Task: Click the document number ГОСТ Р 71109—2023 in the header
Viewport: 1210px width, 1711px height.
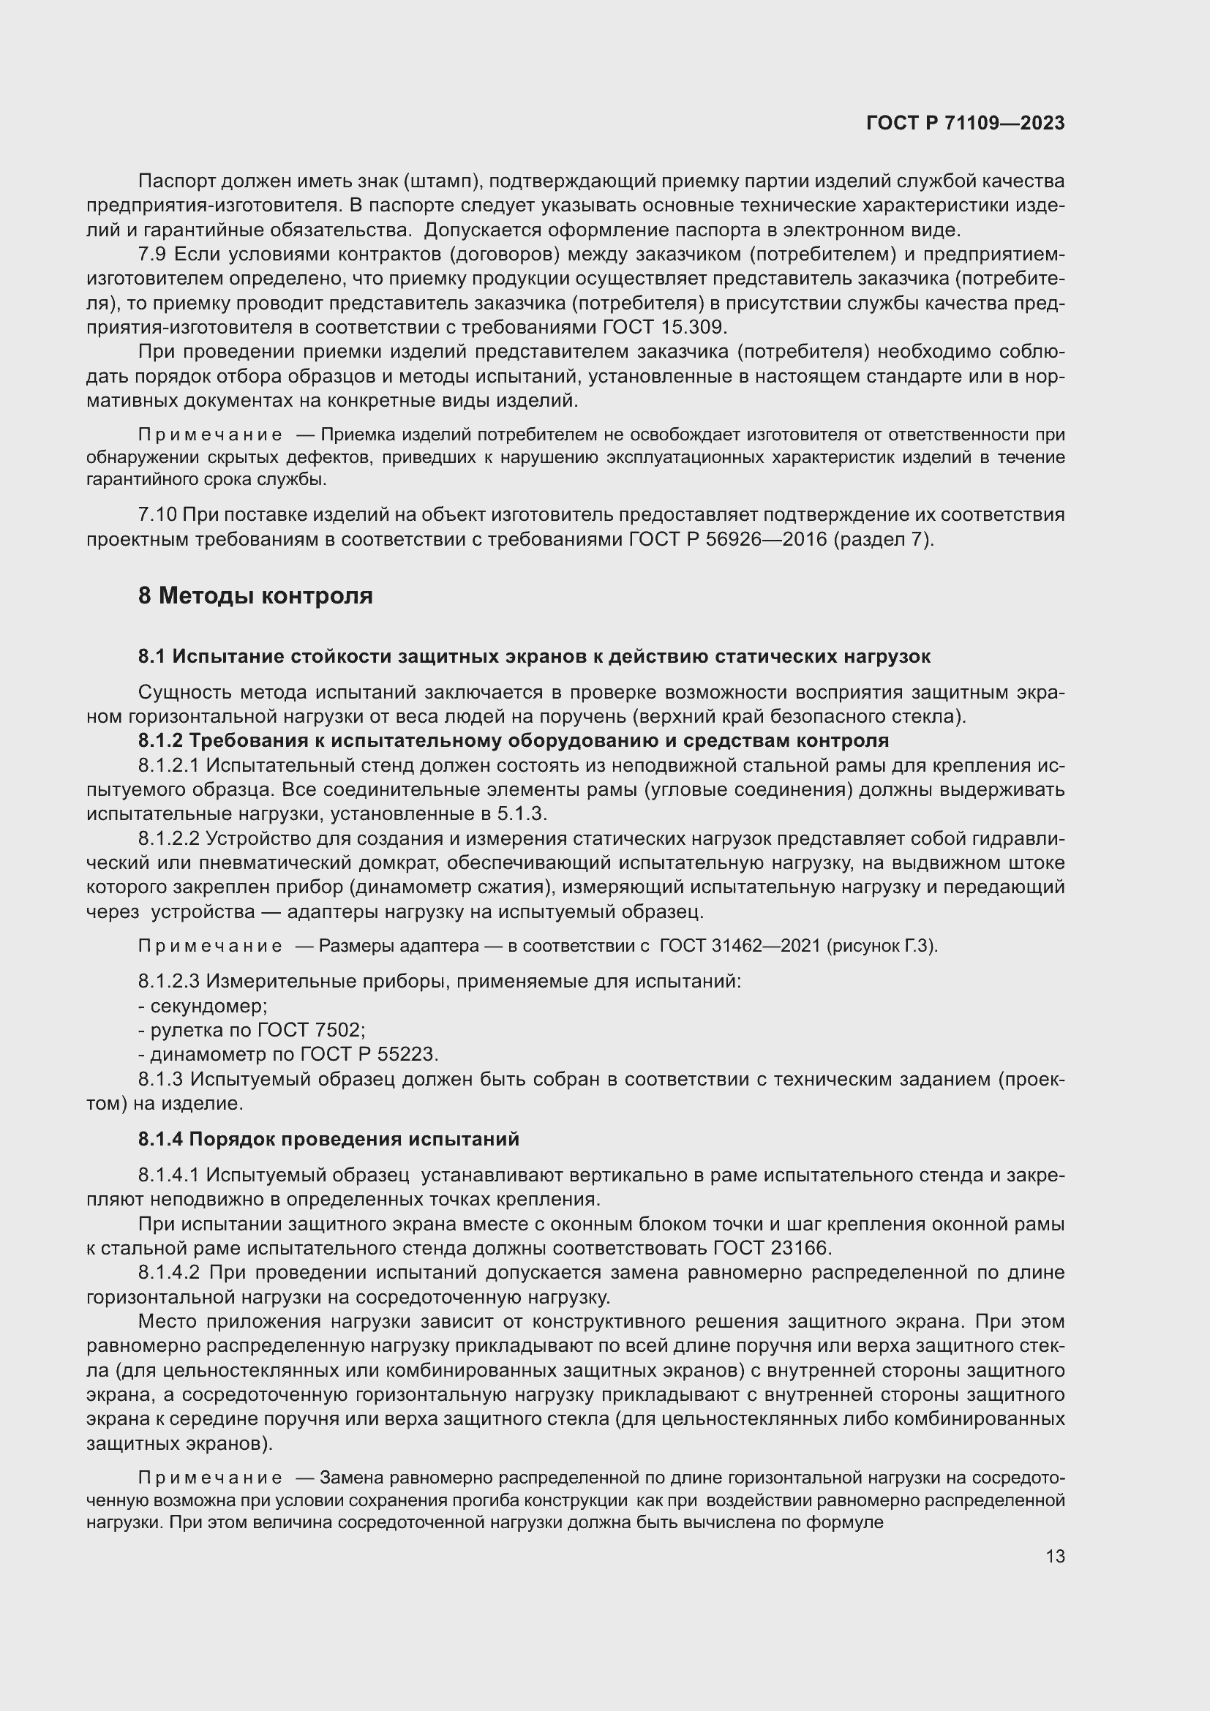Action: point(966,124)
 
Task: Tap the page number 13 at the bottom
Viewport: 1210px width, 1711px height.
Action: point(1055,1556)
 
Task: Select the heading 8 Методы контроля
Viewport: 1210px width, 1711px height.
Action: point(255,596)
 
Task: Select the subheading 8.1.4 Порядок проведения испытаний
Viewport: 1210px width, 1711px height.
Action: point(328,1140)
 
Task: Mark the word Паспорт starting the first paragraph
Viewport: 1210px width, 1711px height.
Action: point(176,181)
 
